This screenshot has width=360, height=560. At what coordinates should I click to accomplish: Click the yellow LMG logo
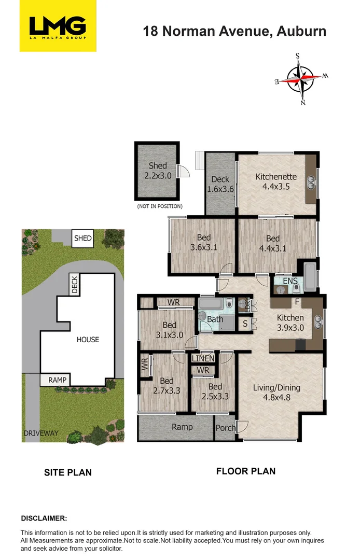pyautogui.click(x=58, y=25)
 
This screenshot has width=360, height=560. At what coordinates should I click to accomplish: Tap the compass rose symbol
pyautogui.click(x=301, y=79)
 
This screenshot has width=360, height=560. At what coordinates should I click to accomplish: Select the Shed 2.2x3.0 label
pyautogui.click(x=158, y=171)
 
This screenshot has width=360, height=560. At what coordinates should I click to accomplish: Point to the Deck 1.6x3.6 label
pyautogui.click(x=220, y=185)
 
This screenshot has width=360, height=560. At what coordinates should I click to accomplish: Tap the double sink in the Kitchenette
pyautogui.click(x=311, y=181)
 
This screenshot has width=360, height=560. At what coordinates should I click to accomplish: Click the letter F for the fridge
pyautogui.click(x=297, y=301)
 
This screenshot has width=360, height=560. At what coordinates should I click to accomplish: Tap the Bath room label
pyautogui.click(x=215, y=319)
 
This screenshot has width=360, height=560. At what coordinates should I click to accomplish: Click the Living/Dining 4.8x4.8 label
pyautogui.click(x=276, y=393)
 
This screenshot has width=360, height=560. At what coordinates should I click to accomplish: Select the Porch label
pyautogui.click(x=225, y=428)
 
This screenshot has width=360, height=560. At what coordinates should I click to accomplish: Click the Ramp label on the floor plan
pyautogui.click(x=182, y=427)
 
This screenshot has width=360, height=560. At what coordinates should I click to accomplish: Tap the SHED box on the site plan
pyautogui.click(x=83, y=239)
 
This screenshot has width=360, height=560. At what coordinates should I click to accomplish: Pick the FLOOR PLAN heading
pyautogui.click(x=245, y=471)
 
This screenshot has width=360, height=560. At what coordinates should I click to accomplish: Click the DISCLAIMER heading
pyautogui.click(x=44, y=518)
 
